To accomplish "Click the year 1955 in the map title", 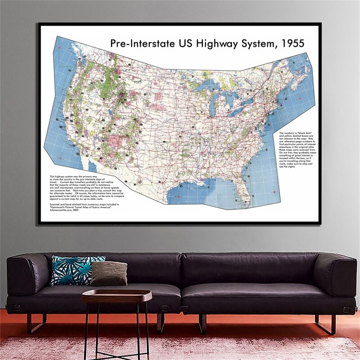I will (x=291, y=44).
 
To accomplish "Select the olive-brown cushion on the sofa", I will (x=109, y=273).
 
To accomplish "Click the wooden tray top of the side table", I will (x=117, y=296).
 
